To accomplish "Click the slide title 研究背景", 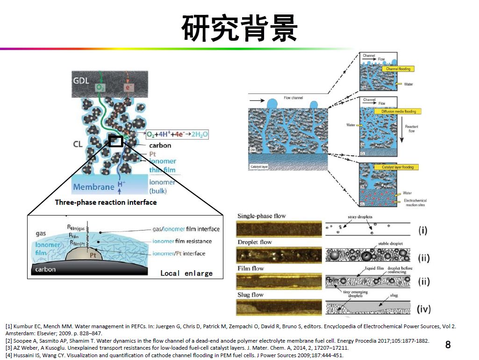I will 239,28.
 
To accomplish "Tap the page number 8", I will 448,345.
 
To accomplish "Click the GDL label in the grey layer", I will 81,80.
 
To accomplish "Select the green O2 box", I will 100,87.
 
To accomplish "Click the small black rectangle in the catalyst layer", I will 116,141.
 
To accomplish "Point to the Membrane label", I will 93,187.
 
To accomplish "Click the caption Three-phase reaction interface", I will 106,202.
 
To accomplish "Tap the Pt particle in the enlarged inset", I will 92,255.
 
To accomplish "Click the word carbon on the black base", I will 45,269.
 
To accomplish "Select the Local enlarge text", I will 186,273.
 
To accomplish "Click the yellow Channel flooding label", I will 398,69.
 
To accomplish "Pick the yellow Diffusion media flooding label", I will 398,111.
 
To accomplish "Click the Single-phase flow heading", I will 262,216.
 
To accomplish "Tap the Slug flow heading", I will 257,295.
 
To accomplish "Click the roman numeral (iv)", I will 423,309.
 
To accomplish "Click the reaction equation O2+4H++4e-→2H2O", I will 177,134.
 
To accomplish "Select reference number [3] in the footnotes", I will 9,348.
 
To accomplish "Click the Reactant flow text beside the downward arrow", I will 412,129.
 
